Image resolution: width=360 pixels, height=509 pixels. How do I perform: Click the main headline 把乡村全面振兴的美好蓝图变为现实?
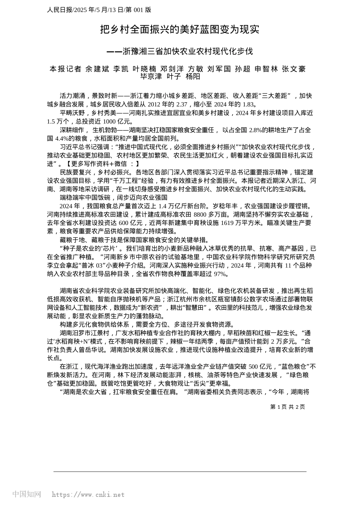[x=180, y=30]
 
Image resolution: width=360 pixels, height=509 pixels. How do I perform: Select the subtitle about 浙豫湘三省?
[x=180, y=51]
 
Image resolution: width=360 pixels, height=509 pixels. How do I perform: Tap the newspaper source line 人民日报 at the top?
[x=99, y=10]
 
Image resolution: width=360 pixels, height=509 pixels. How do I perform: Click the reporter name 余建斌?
[x=97, y=69]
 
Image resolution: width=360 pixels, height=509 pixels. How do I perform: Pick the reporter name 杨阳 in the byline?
[x=193, y=77]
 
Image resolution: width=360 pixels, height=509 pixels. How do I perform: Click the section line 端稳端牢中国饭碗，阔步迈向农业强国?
[x=114, y=198]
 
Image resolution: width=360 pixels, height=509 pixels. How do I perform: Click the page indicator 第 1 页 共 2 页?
[x=287, y=407]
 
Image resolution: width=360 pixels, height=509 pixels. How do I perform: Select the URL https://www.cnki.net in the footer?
[x=88, y=495]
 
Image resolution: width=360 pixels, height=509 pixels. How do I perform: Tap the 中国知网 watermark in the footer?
[x=27, y=494]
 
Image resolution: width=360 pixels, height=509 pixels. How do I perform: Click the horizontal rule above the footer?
[x=180, y=472]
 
